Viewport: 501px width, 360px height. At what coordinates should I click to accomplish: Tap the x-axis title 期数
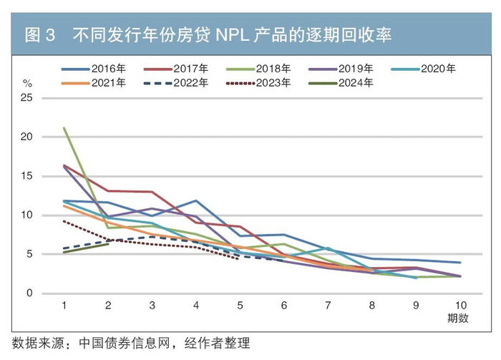tap(458, 318)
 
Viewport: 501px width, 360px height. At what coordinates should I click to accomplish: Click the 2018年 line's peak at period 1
tap(64, 128)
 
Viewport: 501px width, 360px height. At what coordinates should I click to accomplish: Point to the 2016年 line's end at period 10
tap(459, 263)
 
